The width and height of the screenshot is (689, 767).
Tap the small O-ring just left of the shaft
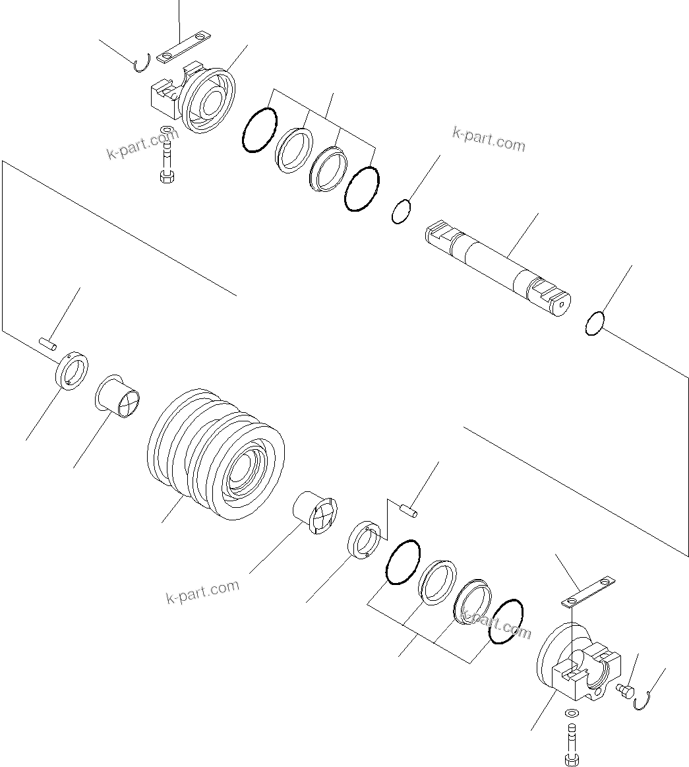click(x=402, y=212)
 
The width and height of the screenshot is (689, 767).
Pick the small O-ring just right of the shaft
click(x=594, y=323)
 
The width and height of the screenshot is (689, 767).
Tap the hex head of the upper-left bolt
click(x=166, y=176)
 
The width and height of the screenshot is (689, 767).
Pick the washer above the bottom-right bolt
click(x=572, y=714)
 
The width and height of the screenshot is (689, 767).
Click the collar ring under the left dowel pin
click(x=72, y=371)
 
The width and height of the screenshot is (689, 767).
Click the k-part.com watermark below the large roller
click(x=202, y=592)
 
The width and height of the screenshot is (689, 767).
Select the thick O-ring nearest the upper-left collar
click(x=259, y=129)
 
